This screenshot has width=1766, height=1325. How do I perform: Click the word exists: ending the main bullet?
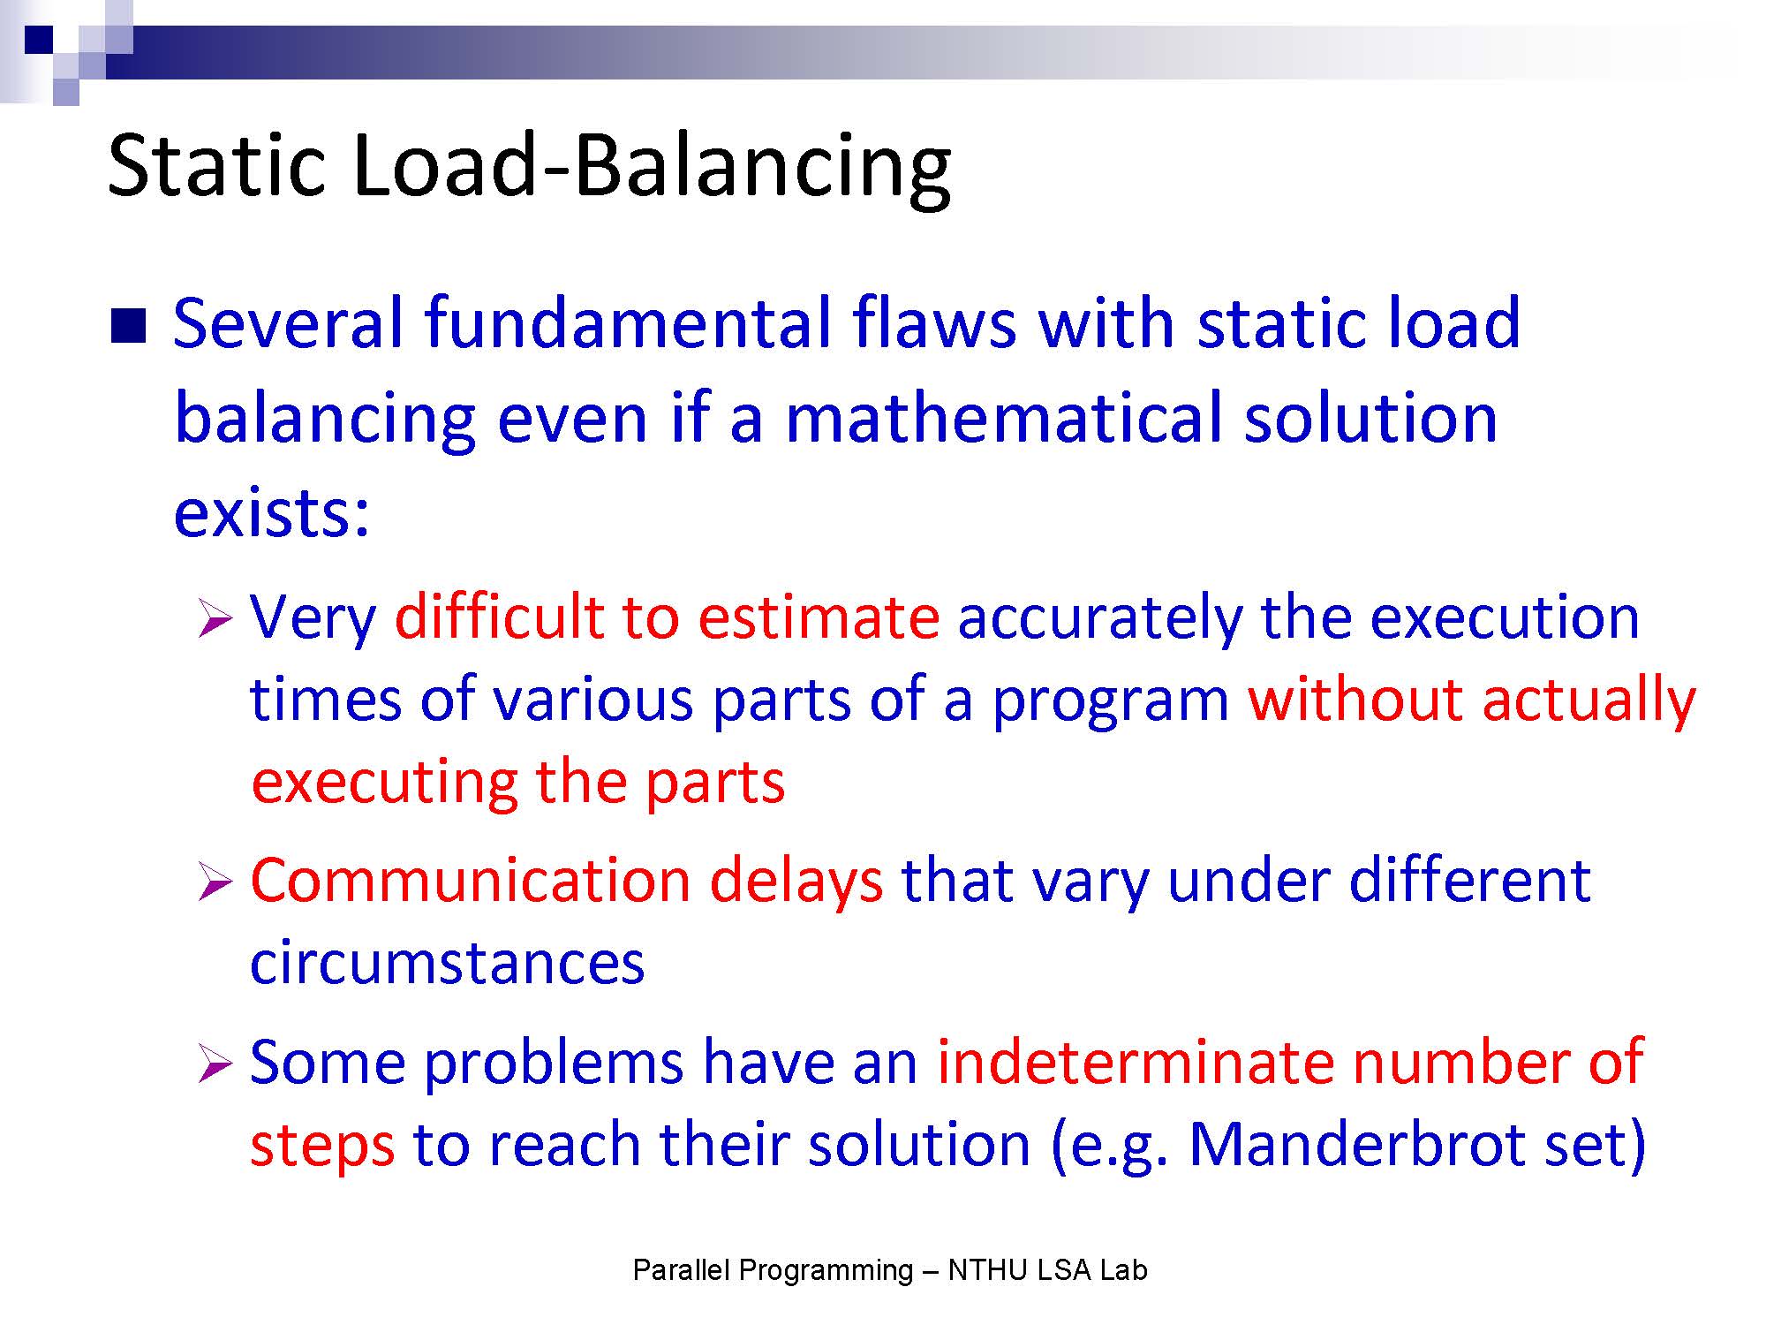tap(271, 512)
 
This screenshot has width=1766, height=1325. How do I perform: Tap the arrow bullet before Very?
tap(215, 617)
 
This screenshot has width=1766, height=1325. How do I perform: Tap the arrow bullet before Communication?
tap(215, 881)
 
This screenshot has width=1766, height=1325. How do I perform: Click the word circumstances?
tap(447, 962)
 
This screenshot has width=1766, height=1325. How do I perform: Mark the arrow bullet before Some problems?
tap(215, 1062)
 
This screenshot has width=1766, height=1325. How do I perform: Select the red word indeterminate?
tap(1135, 1061)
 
